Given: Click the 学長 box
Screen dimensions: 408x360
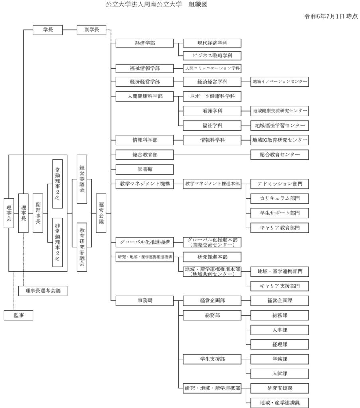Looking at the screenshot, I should [47, 30].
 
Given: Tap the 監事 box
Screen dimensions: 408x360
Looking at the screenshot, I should [18, 315].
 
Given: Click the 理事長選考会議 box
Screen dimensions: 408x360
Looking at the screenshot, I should [43, 291].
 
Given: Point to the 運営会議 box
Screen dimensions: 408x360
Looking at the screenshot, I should [101, 213].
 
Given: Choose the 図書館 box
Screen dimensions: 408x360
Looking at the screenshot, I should [145, 169].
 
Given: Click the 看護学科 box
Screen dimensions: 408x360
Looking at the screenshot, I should [212, 111].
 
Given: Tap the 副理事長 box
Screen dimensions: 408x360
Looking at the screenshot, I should [38, 213].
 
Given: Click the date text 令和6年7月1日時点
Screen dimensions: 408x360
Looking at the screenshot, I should [330, 16].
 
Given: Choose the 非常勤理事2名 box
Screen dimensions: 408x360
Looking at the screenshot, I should [57, 242].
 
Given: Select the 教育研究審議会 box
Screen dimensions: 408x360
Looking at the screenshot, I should [82, 247].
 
